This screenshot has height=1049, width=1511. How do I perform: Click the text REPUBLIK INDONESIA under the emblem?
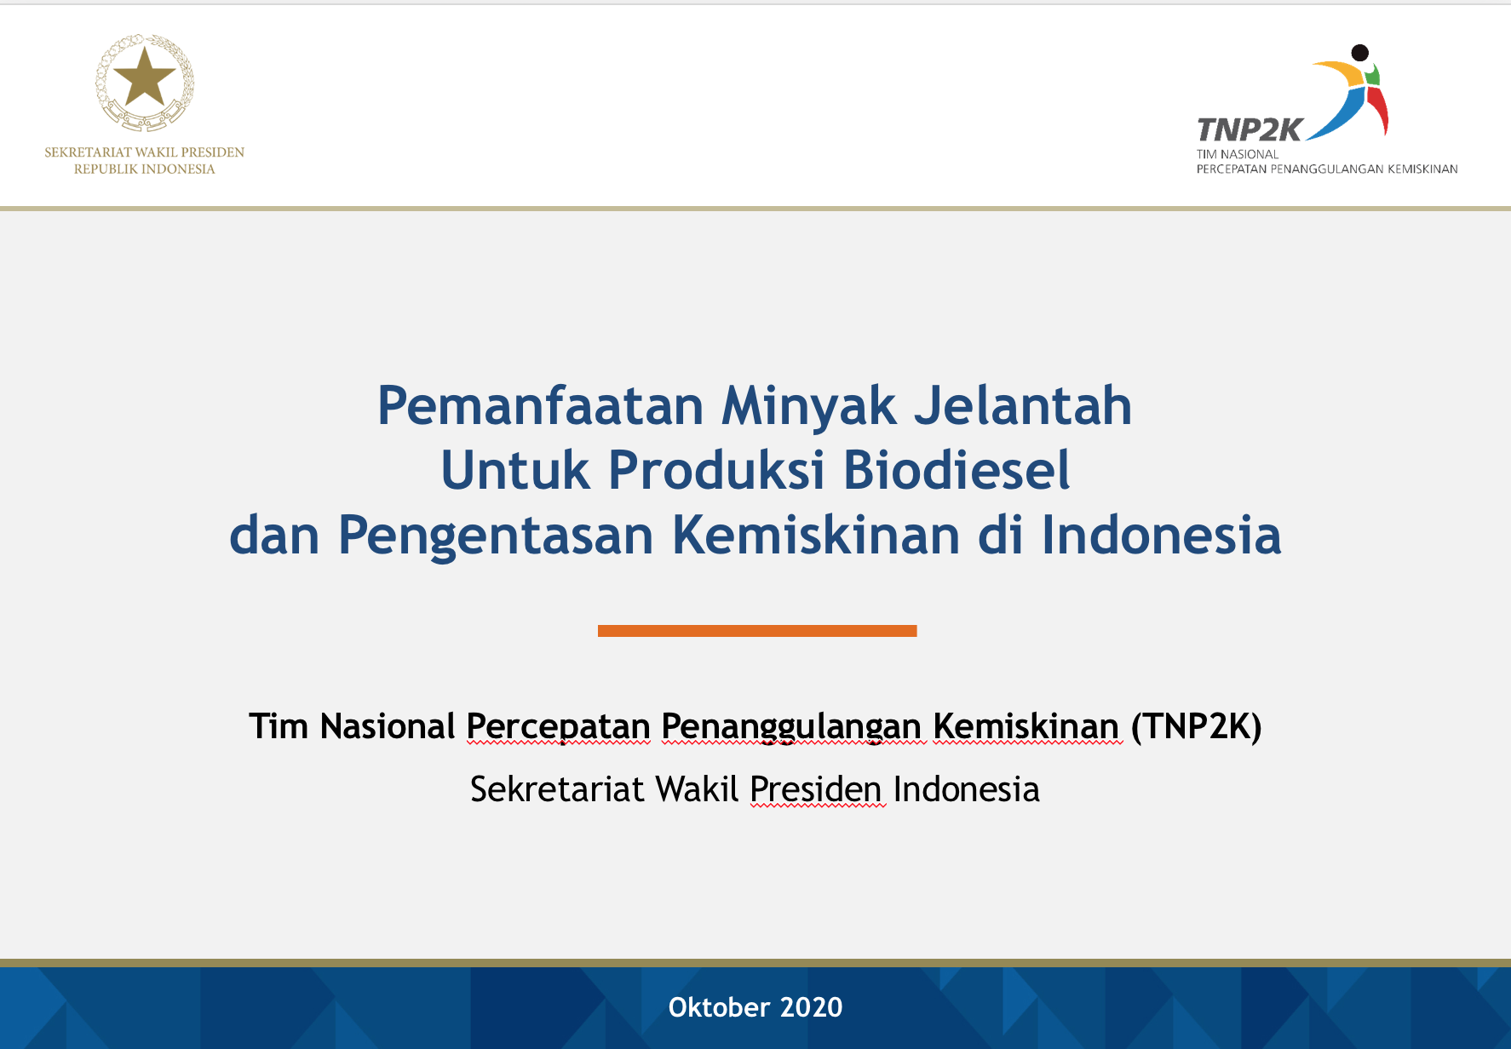click(x=145, y=169)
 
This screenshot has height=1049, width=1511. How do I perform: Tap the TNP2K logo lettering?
click(x=1250, y=129)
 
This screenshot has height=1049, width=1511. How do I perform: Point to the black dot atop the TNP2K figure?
click(x=1360, y=53)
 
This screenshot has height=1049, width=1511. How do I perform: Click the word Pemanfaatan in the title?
click(x=541, y=405)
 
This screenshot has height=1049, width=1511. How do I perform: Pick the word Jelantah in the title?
click(x=1023, y=405)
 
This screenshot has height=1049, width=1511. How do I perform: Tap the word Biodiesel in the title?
click(x=957, y=470)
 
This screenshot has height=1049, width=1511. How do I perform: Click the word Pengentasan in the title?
click(x=496, y=536)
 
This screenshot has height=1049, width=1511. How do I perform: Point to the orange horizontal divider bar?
click(x=757, y=631)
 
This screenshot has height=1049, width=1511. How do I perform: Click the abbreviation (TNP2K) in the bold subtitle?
click(x=1196, y=726)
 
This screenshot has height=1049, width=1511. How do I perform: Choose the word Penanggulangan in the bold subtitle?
click(x=791, y=727)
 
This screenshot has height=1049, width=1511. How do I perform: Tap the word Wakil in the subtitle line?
click(x=697, y=789)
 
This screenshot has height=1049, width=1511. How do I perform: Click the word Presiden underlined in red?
click(x=816, y=789)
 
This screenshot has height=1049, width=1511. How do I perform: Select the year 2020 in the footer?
click(x=811, y=1007)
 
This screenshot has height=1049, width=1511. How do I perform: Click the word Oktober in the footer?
click(x=719, y=1007)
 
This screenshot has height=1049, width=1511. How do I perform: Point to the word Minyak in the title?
click(x=809, y=407)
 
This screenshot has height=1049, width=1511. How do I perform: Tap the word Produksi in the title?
click(x=717, y=470)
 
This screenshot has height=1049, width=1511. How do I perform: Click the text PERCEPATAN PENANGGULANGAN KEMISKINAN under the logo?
click(x=1327, y=169)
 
